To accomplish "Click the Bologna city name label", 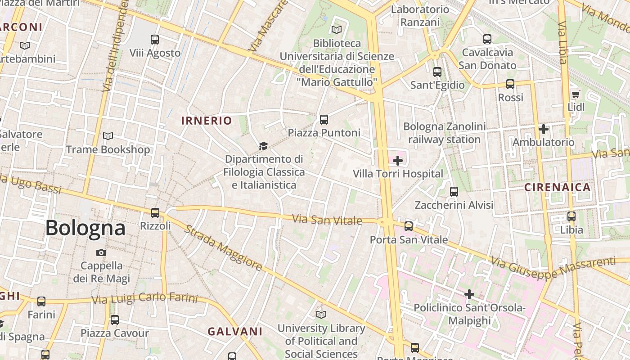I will click(x=85, y=228).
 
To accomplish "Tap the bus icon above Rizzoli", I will click(x=155, y=212).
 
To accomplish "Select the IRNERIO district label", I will click(x=207, y=121).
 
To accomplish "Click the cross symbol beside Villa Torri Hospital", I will click(x=398, y=160).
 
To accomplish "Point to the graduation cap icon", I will click(x=263, y=146).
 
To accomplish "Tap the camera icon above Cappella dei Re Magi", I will click(x=101, y=252).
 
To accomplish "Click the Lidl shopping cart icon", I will click(x=576, y=94).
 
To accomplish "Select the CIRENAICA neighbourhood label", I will click(x=558, y=187).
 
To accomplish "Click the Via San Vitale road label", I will click(x=327, y=220).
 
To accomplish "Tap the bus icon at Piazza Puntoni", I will click(x=324, y=119).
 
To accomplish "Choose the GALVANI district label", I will click(x=235, y=332).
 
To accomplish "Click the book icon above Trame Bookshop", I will click(x=108, y=136).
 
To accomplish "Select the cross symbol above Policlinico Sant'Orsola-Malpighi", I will click(x=469, y=294).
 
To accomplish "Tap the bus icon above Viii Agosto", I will click(x=155, y=40).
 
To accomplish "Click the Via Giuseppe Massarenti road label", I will click(x=553, y=267).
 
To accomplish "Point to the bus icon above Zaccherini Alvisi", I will click(x=454, y=191).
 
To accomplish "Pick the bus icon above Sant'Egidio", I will click(x=437, y=72).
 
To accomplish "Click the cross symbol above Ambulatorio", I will click(x=544, y=129).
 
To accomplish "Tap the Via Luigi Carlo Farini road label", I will click(x=144, y=298).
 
